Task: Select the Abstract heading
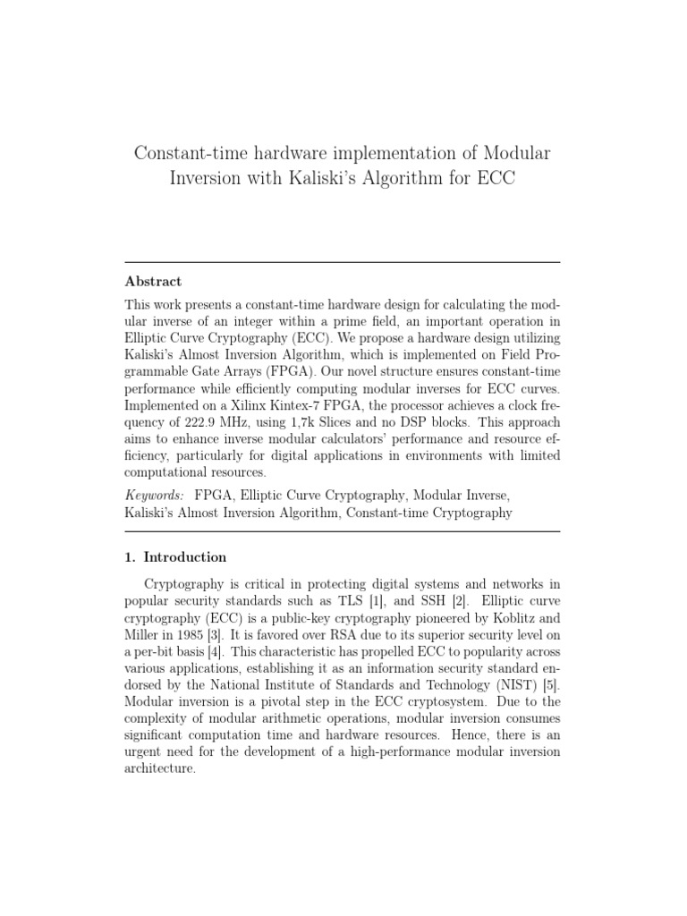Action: (153, 281)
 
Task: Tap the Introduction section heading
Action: (185, 557)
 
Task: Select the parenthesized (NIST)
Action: (514, 685)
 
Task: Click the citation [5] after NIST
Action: (551, 685)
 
